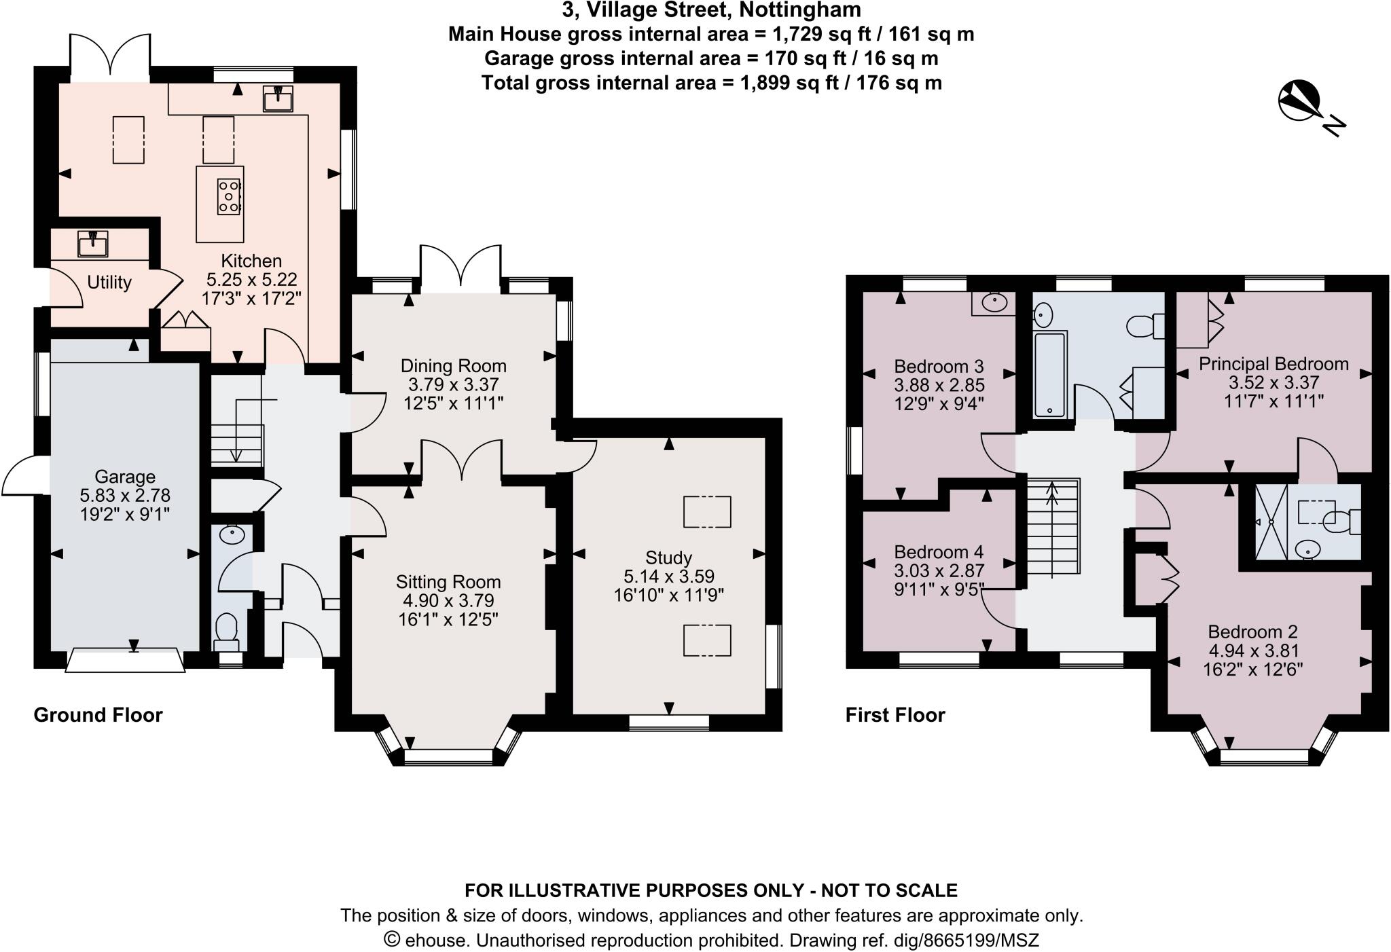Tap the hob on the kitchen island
click(x=230, y=196)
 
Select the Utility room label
click(x=109, y=282)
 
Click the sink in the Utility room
click(x=92, y=244)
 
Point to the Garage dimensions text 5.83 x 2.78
click(x=125, y=495)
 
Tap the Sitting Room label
click(x=448, y=582)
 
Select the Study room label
click(x=668, y=557)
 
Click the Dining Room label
click(x=453, y=366)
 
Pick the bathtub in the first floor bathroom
click(x=1050, y=374)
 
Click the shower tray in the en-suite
click(x=1271, y=521)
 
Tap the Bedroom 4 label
click(x=939, y=552)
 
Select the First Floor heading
click(x=895, y=715)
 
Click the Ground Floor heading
click(x=98, y=715)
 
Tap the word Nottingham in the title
click(x=800, y=10)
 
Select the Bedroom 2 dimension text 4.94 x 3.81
click(x=1253, y=651)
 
